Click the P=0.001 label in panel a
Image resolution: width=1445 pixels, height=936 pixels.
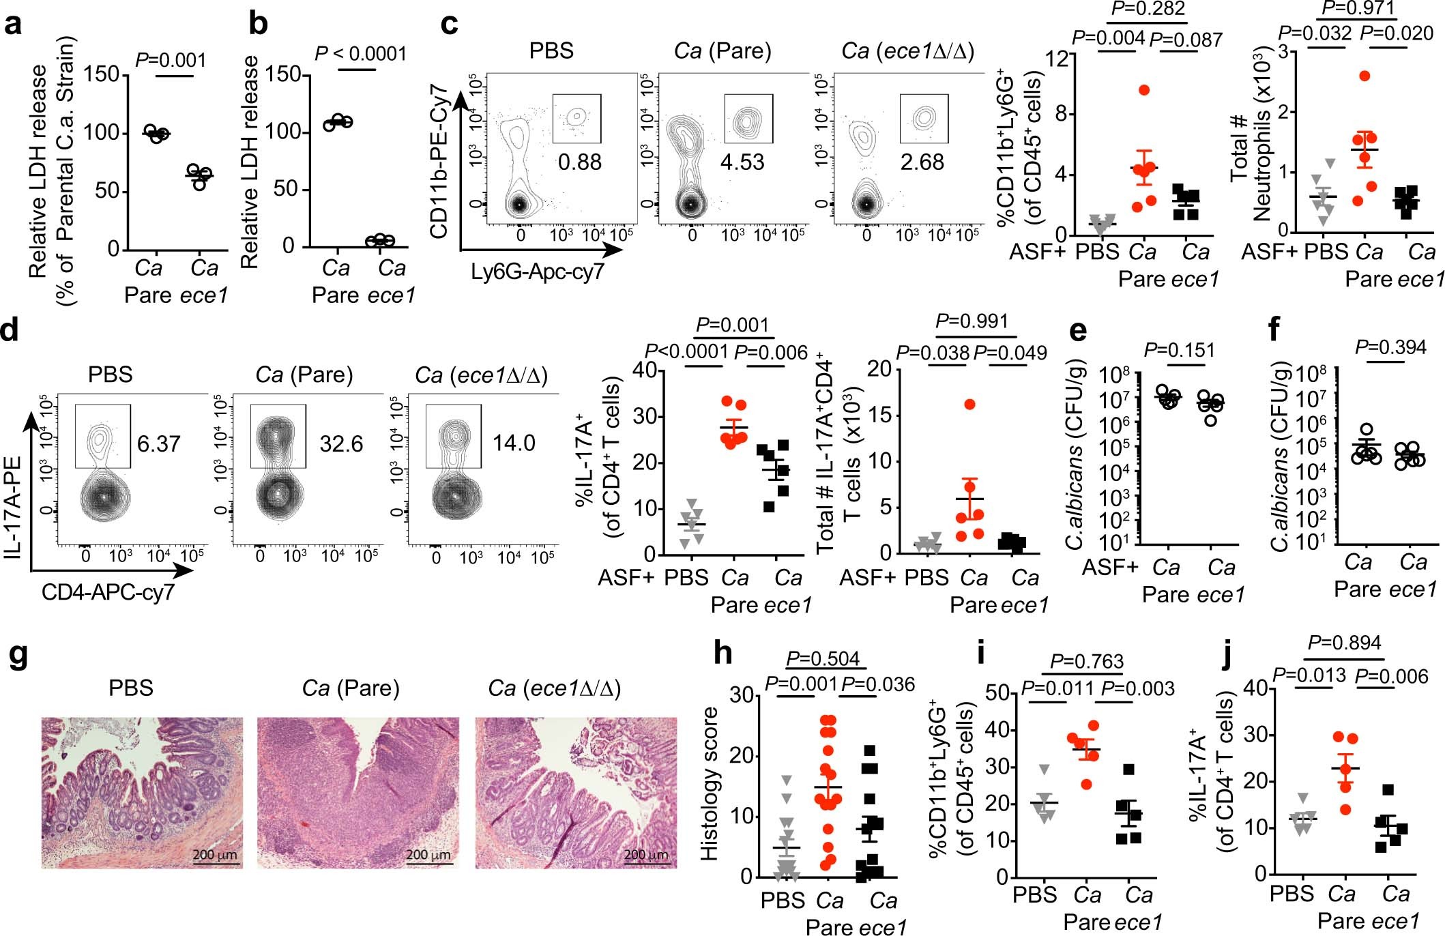(171, 60)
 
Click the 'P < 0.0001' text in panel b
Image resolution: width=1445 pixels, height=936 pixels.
(360, 53)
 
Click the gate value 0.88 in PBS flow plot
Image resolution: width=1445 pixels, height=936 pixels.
(579, 162)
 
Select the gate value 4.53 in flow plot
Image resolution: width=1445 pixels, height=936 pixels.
(742, 162)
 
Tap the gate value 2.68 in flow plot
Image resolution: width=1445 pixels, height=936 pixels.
(922, 162)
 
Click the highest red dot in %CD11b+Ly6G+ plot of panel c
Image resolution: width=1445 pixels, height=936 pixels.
(1144, 90)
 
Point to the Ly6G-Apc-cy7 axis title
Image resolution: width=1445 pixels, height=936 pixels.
(538, 272)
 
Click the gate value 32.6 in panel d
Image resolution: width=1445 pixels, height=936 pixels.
(341, 444)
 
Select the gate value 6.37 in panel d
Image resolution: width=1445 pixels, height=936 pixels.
(158, 444)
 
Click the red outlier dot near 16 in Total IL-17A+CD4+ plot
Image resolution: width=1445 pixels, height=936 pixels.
(969, 405)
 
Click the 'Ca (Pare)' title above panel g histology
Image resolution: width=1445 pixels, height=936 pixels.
(351, 688)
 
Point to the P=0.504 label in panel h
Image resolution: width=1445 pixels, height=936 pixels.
(823, 659)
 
